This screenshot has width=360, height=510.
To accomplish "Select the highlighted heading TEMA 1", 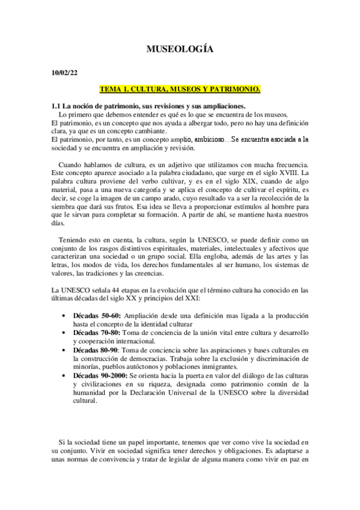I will [180, 89].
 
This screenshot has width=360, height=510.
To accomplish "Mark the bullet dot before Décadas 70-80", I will [64, 332].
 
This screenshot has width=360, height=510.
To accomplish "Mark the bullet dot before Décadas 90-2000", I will [64, 375].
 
